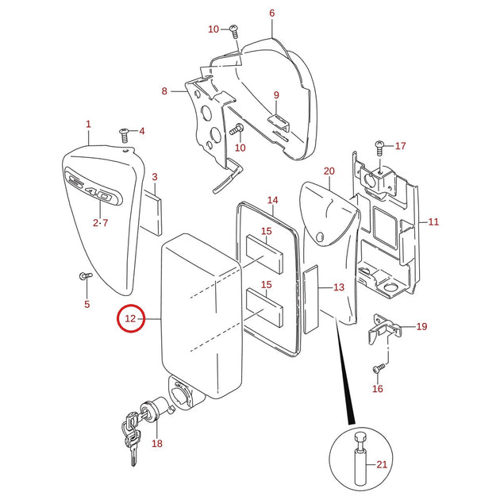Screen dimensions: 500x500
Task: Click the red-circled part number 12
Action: tap(130, 318)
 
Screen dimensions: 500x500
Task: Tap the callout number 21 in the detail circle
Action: tap(382, 464)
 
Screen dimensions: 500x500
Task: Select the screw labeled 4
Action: tap(124, 135)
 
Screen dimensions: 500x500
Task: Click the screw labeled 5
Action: tap(86, 275)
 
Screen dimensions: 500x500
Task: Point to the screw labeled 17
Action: tap(379, 148)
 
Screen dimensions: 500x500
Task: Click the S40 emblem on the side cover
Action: tap(94, 186)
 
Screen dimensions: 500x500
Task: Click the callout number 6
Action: tap(271, 13)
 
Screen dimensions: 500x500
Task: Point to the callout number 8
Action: tap(164, 91)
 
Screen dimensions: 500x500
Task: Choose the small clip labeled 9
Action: tap(279, 123)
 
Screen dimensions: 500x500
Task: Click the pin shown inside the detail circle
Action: tap(360, 459)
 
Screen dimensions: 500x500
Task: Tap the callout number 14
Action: tap(272, 200)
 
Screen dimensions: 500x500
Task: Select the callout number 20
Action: tap(329, 171)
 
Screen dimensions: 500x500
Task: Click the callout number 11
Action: tap(433, 221)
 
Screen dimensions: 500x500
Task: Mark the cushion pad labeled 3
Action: tap(151, 213)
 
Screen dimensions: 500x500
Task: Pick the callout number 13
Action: tap(339, 287)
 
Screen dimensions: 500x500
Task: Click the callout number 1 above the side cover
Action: tap(88, 124)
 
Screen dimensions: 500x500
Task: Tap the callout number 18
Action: tap(157, 443)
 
